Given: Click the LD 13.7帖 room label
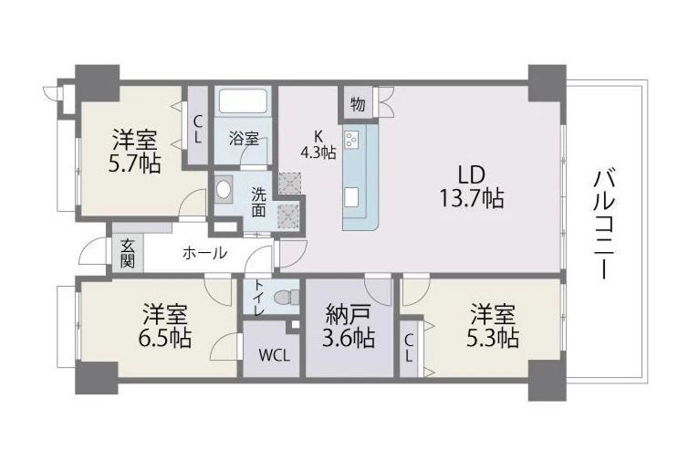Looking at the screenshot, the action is tap(471, 186).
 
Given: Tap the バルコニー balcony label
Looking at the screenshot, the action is tap(604, 224).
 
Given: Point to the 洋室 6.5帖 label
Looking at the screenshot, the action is tap(165, 325).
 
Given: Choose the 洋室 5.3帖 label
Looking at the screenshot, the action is tap(493, 325).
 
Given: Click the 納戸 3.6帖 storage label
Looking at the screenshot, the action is tap(349, 325).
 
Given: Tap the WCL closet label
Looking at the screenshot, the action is tap(274, 355).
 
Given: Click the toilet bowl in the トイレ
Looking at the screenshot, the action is tap(287, 297).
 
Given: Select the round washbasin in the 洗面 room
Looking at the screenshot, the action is tap(224, 189).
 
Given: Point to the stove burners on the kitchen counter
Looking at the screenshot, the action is tap(351, 140).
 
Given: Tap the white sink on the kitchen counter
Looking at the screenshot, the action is tap(351, 197).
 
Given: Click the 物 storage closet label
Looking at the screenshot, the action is tap(358, 104).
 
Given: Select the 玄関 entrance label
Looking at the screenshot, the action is tap(127, 253).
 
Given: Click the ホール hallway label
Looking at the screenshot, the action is tap(204, 253).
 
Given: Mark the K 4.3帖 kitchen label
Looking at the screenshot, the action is tap(318, 144).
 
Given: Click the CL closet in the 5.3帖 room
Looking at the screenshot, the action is tap(409, 347).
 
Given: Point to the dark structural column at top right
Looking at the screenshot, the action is tap(547, 82).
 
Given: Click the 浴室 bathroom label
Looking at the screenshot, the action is tap(244, 139).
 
